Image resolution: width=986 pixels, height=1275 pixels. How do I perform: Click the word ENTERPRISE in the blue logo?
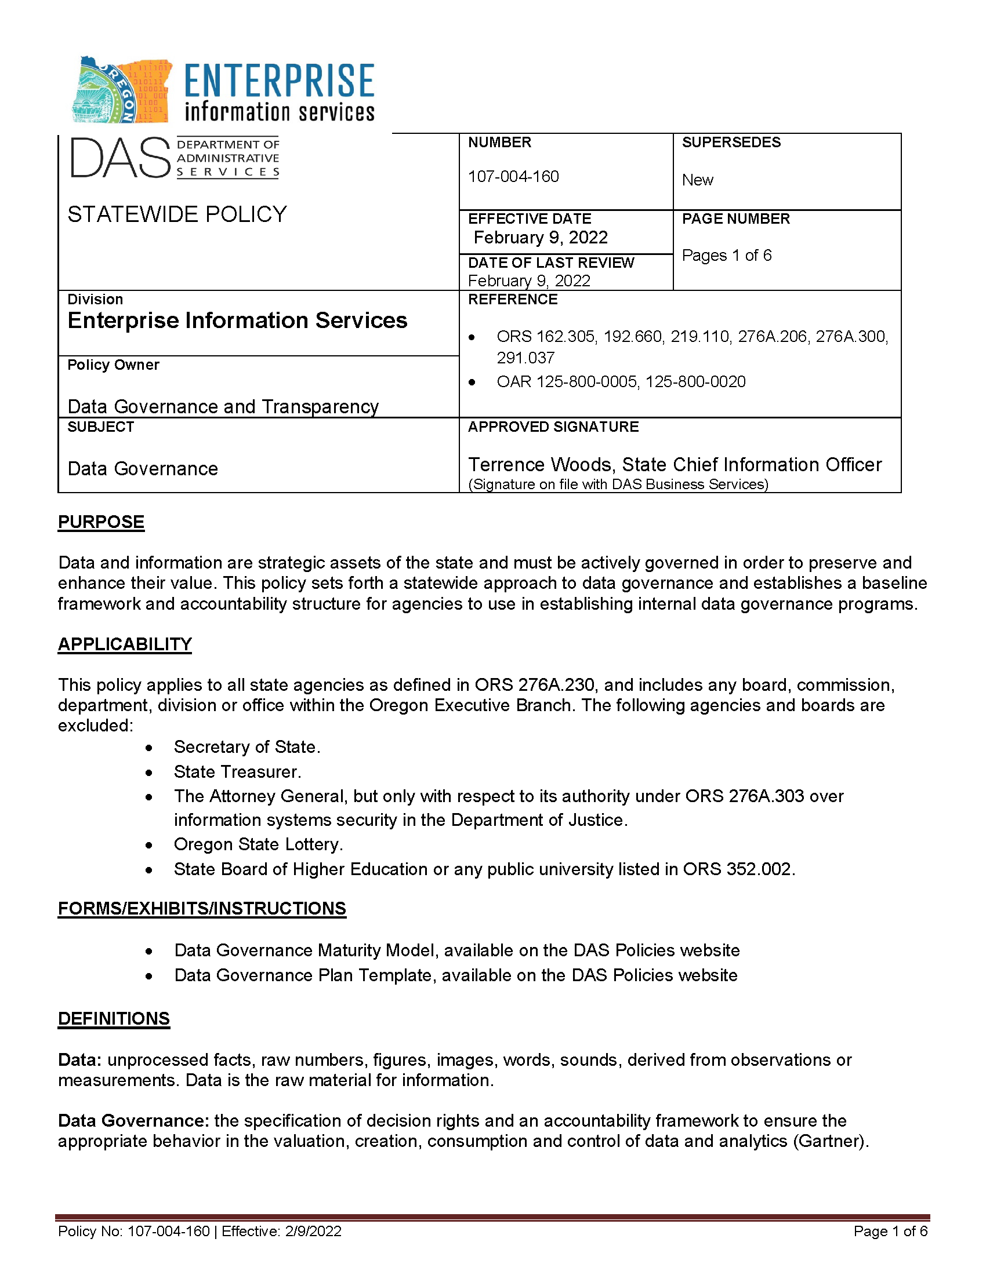(279, 81)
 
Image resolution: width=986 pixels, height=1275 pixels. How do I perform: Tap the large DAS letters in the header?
(119, 158)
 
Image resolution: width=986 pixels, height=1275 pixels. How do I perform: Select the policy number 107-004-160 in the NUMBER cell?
(513, 176)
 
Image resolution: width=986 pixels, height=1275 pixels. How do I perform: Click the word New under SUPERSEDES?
(697, 180)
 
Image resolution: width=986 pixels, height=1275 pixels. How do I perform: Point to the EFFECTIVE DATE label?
(529, 218)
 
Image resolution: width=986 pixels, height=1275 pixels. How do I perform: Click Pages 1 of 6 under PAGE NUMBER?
(727, 255)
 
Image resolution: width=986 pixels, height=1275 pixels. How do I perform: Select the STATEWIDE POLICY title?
(177, 214)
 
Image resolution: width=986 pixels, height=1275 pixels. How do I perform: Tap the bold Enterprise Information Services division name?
(237, 320)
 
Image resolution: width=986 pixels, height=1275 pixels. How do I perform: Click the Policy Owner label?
(113, 365)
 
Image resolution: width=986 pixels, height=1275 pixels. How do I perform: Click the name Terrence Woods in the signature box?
(540, 465)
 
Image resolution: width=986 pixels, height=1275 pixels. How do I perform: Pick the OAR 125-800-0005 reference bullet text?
(621, 382)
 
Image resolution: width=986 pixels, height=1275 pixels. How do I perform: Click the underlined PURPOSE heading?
(101, 522)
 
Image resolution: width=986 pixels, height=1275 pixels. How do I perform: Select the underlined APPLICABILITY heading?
(125, 644)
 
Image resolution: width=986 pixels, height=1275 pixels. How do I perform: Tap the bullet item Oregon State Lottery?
(258, 844)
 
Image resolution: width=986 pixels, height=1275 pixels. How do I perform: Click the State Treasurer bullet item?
(237, 772)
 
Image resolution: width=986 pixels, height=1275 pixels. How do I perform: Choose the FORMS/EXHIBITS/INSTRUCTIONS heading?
(201, 908)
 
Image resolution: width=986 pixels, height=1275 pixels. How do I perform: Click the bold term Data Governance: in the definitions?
(133, 1121)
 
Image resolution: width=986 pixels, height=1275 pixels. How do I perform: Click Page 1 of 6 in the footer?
(890, 1231)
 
